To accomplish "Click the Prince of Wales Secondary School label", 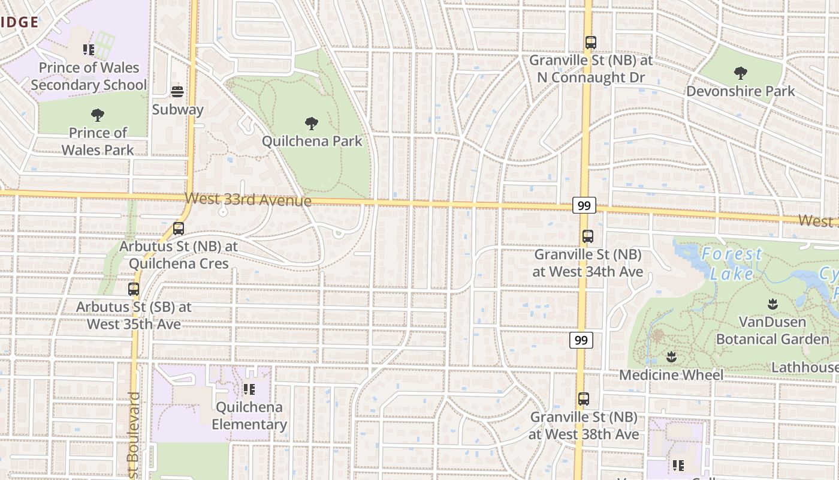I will pyautogui.click(x=89, y=76).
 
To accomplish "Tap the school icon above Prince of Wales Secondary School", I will pyautogui.click(x=89, y=50).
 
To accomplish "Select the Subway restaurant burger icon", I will pyautogui.click(x=177, y=92).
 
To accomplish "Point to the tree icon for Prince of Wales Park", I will pyautogui.click(x=97, y=115).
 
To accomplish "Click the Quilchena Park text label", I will pyautogui.click(x=312, y=142).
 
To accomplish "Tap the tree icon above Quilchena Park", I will pyautogui.click(x=312, y=124).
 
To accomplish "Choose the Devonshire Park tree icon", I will pyautogui.click(x=741, y=74).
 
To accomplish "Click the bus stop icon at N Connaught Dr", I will pyautogui.click(x=591, y=43).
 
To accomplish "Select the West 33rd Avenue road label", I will pyautogui.click(x=248, y=199).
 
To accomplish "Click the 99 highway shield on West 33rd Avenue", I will pyautogui.click(x=584, y=206).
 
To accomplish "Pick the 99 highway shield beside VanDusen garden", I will pyautogui.click(x=581, y=340).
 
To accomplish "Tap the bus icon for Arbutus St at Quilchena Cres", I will pyautogui.click(x=179, y=229).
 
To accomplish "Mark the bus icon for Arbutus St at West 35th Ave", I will pyautogui.click(x=134, y=289).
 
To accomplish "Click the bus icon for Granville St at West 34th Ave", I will pyautogui.click(x=588, y=236).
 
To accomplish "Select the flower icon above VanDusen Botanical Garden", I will pyautogui.click(x=773, y=304).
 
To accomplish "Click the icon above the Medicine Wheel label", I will pyautogui.click(x=671, y=358).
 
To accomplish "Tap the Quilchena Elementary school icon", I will pyautogui.click(x=249, y=389).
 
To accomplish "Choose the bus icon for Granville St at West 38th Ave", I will pyautogui.click(x=584, y=398).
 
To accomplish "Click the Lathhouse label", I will pyautogui.click(x=804, y=367).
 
